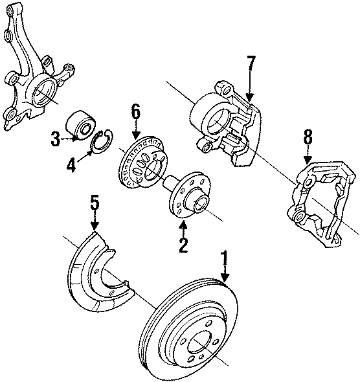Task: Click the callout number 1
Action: click(x=225, y=262)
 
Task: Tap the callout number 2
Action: click(x=183, y=244)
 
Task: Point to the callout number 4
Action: click(x=71, y=165)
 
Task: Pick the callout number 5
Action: click(x=95, y=203)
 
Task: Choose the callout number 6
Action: click(x=135, y=112)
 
